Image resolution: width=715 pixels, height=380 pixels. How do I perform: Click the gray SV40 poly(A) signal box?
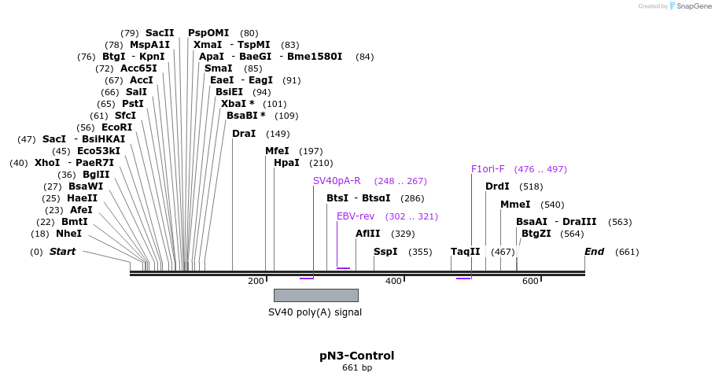[x=315, y=295]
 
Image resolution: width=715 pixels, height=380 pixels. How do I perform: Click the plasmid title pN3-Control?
[x=356, y=356]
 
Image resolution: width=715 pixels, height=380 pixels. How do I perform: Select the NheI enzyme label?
[x=68, y=234]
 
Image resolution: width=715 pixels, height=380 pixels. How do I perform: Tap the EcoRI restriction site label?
[x=116, y=127]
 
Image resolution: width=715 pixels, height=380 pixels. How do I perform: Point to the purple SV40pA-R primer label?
[x=337, y=181]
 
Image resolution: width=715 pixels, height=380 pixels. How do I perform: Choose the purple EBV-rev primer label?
[x=356, y=216]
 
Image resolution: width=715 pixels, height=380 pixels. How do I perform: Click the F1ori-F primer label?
[x=488, y=169]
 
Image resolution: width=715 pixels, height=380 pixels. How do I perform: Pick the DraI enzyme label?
[x=244, y=134]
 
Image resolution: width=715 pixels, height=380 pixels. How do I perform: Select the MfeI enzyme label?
[x=277, y=151]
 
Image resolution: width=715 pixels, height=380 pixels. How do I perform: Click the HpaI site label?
[x=286, y=163]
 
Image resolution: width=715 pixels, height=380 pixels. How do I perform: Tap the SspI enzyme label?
[x=385, y=252]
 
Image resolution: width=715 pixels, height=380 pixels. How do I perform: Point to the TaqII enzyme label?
[x=465, y=252]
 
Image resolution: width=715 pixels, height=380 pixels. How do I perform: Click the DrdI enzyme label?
[x=497, y=186]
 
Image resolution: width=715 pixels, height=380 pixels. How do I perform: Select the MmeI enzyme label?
[x=515, y=205]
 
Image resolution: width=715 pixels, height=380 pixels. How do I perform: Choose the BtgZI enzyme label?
[x=536, y=234]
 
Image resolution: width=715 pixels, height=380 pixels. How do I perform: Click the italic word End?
[x=594, y=252]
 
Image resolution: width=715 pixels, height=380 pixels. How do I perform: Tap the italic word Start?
[x=62, y=252]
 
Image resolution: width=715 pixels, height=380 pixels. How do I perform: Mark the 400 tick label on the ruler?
[x=393, y=282]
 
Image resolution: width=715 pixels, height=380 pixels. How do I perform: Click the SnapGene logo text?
[x=690, y=6]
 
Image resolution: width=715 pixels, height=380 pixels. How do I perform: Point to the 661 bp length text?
[x=356, y=368]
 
